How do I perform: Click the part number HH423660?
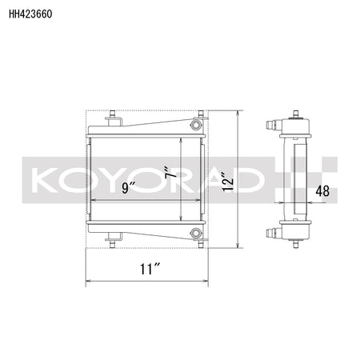(x=30, y=14)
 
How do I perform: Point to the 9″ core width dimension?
(x=129, y=187)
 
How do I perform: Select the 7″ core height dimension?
(x=171, y=173)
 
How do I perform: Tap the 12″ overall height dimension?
(x=228, y=182)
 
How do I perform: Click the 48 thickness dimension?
(x=322, y=191)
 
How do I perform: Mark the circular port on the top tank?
(x=196, y=125)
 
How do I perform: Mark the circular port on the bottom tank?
(x=196, y=234)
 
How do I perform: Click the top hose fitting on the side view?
(x=274, y=125)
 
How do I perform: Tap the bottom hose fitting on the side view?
(x=274, y=233)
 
